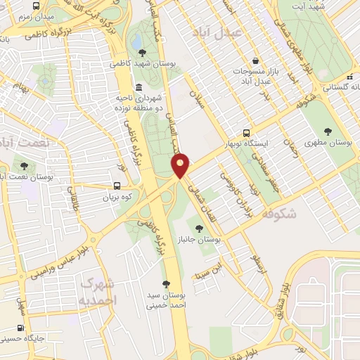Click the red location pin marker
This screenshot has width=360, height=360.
click(181, 165)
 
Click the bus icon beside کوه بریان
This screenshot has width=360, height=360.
click(117, 186)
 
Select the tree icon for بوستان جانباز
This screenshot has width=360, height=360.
click(200, 228)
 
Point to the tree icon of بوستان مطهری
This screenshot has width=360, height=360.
click(328, 131)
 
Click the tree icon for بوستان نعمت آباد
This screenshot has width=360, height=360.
click(25, 167)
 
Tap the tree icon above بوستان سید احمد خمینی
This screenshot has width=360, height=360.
click(166, 283)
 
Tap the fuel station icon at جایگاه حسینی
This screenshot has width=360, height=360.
click(19, 328)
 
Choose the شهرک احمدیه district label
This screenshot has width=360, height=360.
click(97, 292)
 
